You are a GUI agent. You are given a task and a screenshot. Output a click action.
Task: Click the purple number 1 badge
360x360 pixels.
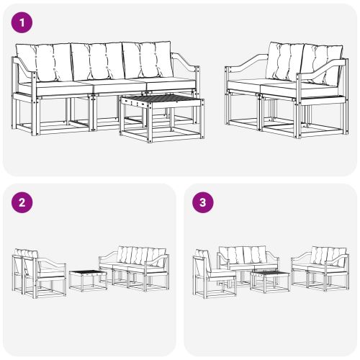pos(24,22)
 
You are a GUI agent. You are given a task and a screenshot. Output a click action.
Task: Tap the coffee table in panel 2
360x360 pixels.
pos(88,278)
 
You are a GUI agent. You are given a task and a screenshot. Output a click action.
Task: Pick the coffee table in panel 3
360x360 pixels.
pos(270,279)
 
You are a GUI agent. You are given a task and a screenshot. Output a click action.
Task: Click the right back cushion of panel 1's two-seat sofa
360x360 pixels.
pos(322,65)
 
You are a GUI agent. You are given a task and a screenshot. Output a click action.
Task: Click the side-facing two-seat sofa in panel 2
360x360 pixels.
pos(37,272)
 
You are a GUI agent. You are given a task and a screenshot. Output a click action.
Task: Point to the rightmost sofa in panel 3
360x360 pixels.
pos(320,266)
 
